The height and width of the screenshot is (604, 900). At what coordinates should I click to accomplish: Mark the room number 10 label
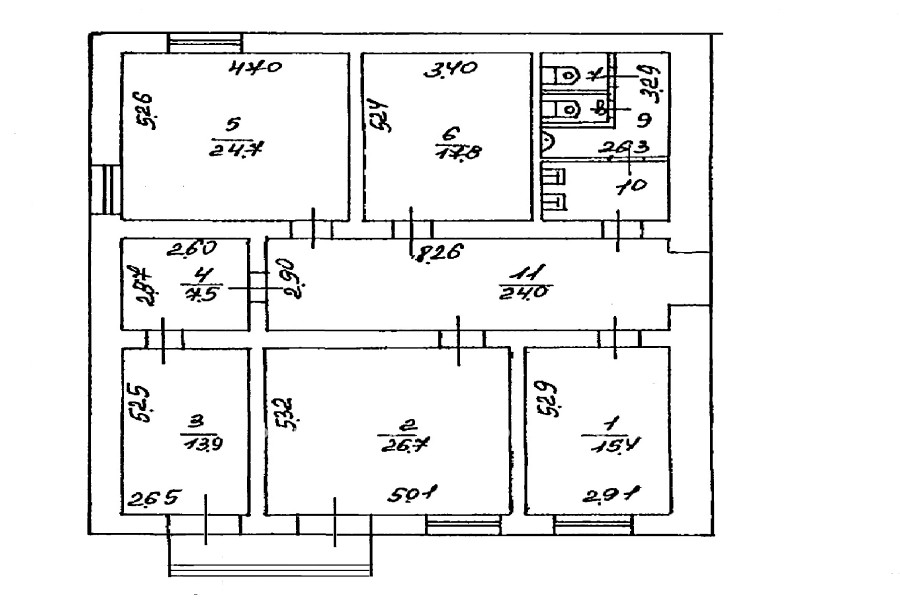tap(627, 187)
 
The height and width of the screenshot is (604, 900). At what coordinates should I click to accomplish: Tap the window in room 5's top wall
tap(204, 43)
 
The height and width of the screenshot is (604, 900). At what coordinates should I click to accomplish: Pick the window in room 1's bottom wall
tap(586, 522)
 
